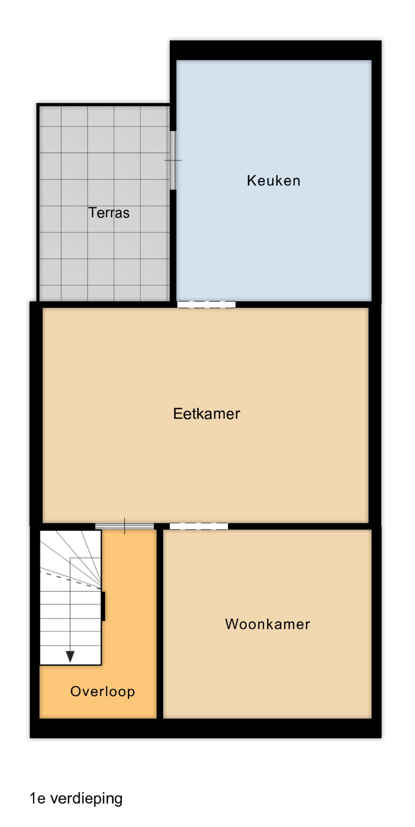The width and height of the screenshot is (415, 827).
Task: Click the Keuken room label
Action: (273, 181)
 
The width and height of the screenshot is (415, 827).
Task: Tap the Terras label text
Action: (109, 213)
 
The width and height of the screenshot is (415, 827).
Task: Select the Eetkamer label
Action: (206, 413)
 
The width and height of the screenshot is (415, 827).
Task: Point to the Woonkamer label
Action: (268, 624)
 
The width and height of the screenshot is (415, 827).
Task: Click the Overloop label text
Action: (102, 692)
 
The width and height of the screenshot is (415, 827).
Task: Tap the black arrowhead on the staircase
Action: (70, 656)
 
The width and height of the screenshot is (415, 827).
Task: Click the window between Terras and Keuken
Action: (173, 160)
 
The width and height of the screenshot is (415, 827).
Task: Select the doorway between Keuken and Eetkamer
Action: (206, 305)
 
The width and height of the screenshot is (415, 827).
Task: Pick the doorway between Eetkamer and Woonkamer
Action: (199, 526)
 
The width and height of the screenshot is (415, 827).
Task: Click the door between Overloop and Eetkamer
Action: (124, 526)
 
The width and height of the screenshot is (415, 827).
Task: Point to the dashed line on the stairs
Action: (70, 580)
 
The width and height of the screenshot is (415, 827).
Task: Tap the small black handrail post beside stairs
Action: (103, 606)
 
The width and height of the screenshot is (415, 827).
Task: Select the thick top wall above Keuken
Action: (276, 50)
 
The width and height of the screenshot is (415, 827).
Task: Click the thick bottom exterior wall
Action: (205, 728)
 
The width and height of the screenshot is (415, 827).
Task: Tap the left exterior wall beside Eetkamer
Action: (36, 413)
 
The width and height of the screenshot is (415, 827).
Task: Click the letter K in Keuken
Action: (251, 181)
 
